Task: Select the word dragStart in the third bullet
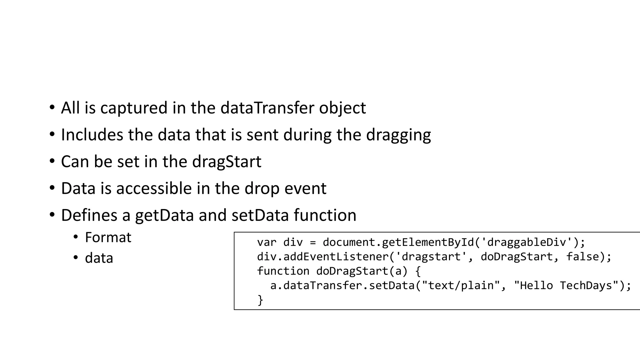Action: point(227,162)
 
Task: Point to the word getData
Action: point(164,216)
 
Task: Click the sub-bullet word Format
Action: point(108,237)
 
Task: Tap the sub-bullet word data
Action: point(99,258)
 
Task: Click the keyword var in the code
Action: point(267,242)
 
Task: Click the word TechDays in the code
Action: point(586,285)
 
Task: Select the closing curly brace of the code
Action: point(260,300)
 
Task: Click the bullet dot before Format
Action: point(76,237)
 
